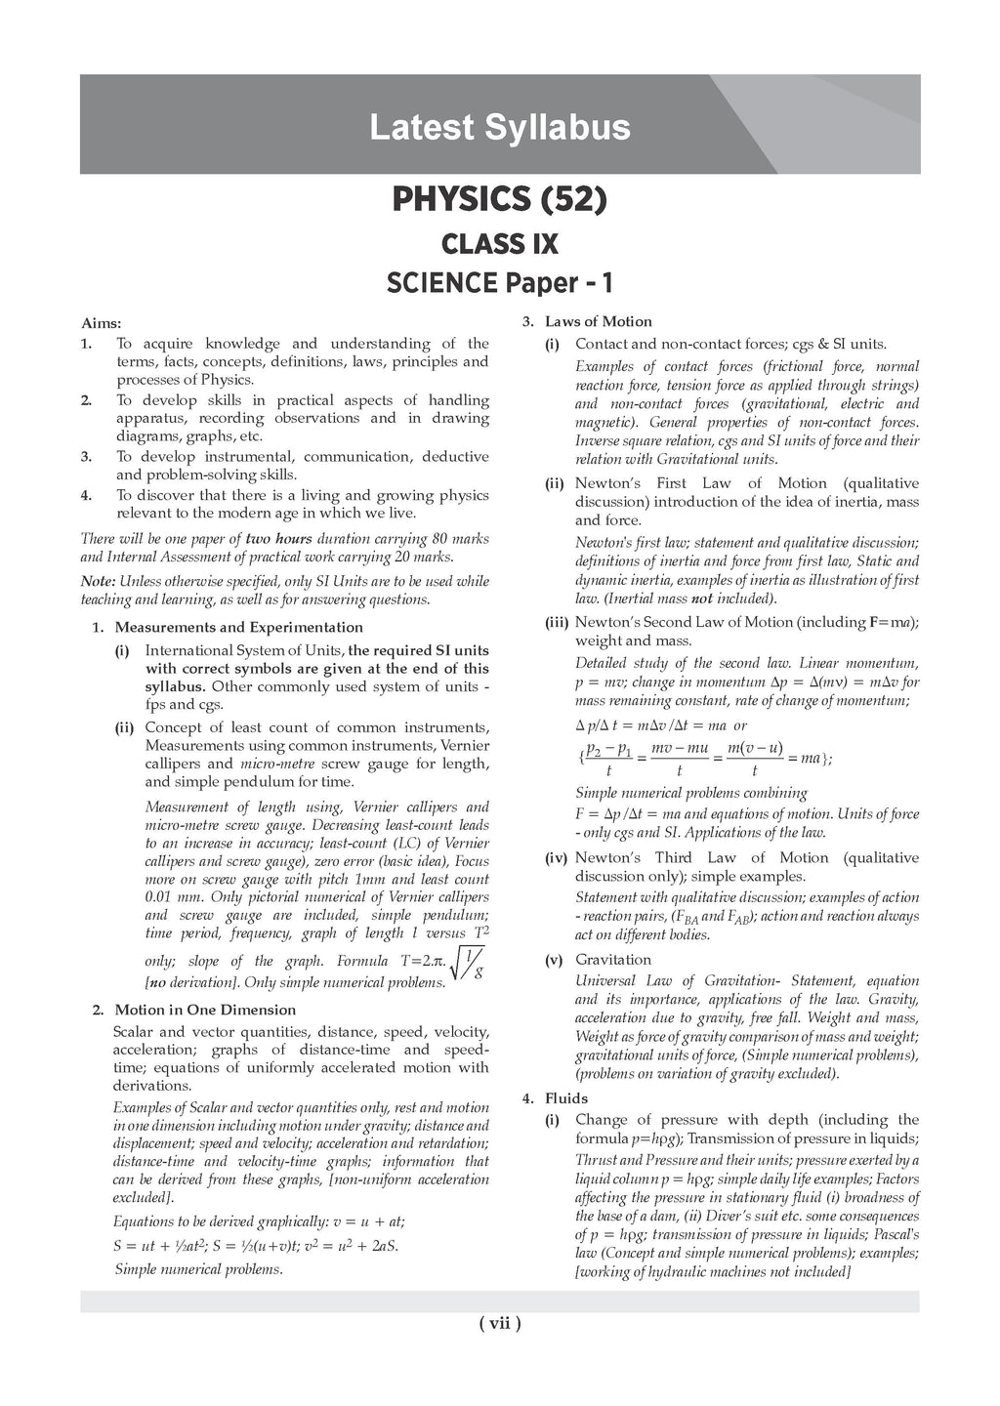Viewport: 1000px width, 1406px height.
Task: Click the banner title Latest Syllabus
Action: point(499,128)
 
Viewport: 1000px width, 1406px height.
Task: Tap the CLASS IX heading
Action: point(499,242)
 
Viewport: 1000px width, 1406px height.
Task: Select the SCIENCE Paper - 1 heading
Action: point(499,283)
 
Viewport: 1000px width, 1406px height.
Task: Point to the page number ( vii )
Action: point(499,1324)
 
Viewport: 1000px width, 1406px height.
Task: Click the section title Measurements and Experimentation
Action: point(238,627)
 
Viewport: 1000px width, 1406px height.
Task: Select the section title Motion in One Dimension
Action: point(205,1010)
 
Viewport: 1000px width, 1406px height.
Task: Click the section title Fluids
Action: point(566,1098)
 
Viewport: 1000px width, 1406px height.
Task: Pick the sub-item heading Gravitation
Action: point(612,960)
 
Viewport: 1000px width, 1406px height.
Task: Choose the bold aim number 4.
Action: point(86,495)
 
